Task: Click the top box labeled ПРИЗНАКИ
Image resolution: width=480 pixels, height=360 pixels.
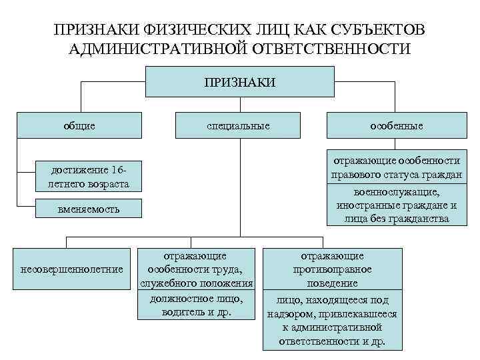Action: [x=239, y=82]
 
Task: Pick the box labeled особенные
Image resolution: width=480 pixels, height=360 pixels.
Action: [x=397, y=125]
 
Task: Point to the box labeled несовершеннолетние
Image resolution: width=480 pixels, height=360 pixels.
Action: [x=73, y=269]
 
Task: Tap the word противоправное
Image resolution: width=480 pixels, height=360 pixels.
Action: [x=332, y=269]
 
